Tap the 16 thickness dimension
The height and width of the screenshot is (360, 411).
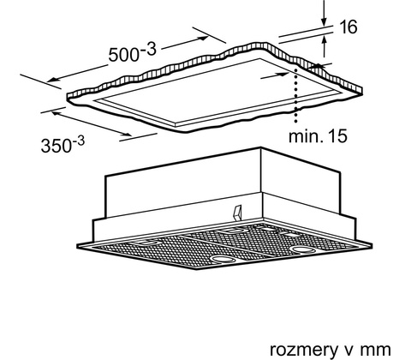pyautogui.click(x=348, y=27)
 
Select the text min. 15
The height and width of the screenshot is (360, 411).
pyautogui.click(x=318, y=136)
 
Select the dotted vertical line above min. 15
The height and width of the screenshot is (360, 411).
pyautogui.click(x=296, y=94)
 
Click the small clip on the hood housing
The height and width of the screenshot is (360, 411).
pyautogui.click(x=237, y=213)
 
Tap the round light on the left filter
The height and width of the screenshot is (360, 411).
pyautogui.click(x=223, y=260)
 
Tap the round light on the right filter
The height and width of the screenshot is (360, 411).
pyautogui.click(x=302, y=249)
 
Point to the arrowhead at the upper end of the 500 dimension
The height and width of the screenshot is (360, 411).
pyautogui.click(x=204, y=38)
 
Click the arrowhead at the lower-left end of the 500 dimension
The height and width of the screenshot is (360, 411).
pyautogui.click(x=51, y=80)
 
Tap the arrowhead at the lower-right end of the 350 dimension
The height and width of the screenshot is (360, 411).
pyautogui.click(x=127, y=134)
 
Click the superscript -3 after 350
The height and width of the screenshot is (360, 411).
pyautogui.click(x=78, y=141)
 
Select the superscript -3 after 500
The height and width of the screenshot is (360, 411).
pyautogui.click(x=148, y=49)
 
